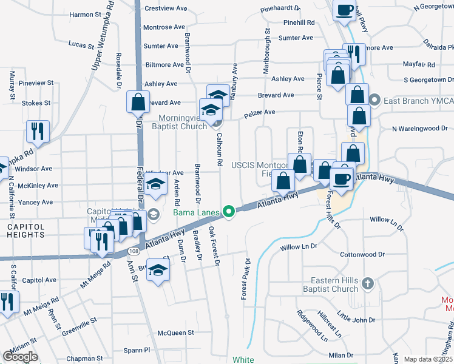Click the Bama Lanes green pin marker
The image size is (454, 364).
pyautogui.click(x=229, y=212)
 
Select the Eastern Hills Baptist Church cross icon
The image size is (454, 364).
pyautogui.click(x=367, y=283)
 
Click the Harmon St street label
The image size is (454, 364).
pyautogui.click(x=83, y=14)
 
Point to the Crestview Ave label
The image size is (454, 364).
pyautogui.click(x=164, y=8)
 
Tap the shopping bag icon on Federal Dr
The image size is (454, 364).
pyautogui.click(x=138, y=101)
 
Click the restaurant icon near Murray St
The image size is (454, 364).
pyautogui.click(x=38, y=130)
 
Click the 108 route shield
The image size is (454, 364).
pyautogui.click(x=134, y=250)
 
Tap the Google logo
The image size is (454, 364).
pyautogui.click(x=20, y=356)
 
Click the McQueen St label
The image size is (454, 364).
pyautogui.click(x=175, y=332)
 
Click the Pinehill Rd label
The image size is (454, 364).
pyautogui.click(x=299, y=22)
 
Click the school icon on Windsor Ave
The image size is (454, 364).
pyautogui.click(x=156, y=185)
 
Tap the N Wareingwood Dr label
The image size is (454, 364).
pyautogui.click(x=419, y=128)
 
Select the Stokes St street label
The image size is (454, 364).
pyautogui.click(x=32, y=103)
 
